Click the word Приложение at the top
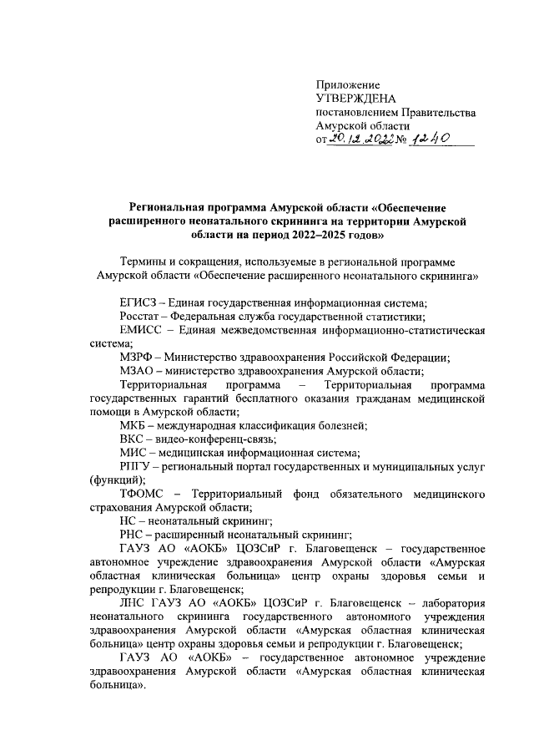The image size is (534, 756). [348, 84]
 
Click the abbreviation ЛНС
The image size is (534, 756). [134, 603]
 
